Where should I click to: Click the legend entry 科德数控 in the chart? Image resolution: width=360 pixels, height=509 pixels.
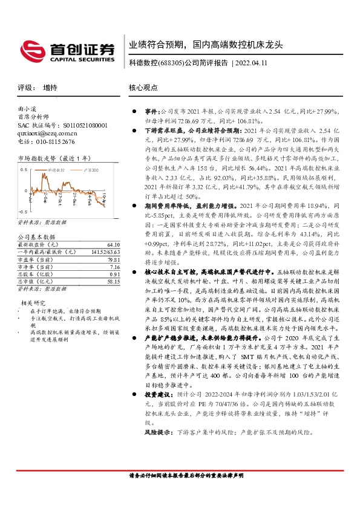pos(56,172)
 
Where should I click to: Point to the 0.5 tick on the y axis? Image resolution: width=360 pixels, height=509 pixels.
pos(24,170)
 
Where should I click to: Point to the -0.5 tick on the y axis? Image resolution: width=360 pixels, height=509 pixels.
pos(23,213)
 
